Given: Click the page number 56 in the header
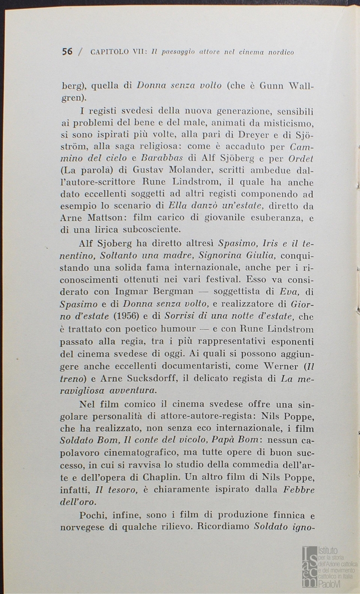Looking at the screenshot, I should (x=67, y=52).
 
